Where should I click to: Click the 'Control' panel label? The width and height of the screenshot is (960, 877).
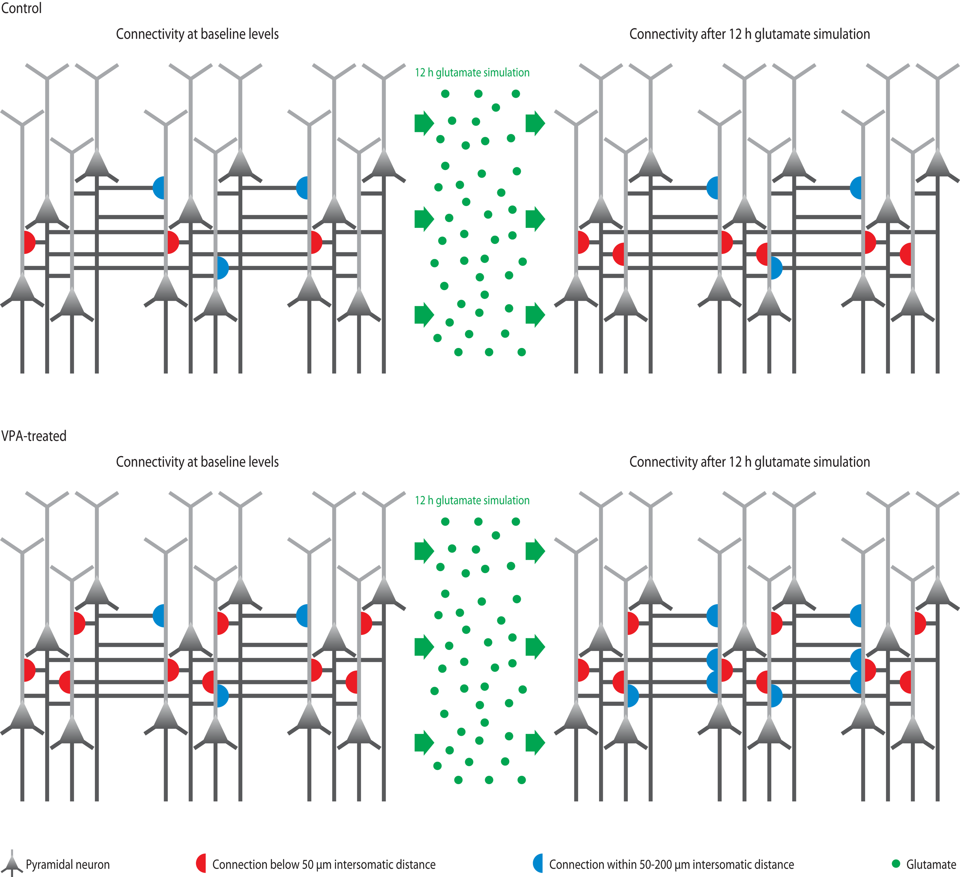21,8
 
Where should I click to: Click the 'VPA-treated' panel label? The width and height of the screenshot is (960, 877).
33,436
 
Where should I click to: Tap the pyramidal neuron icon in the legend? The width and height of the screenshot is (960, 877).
12,863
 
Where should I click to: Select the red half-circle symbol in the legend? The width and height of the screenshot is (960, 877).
202,863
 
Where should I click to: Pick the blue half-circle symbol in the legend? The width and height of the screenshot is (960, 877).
539,863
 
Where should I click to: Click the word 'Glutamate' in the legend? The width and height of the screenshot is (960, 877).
931,864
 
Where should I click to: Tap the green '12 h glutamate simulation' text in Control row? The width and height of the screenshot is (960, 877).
472,73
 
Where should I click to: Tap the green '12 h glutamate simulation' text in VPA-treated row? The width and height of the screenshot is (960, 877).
472,500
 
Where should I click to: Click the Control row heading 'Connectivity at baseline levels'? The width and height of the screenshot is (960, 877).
197,34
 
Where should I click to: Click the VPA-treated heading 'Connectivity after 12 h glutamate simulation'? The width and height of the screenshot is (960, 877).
750,462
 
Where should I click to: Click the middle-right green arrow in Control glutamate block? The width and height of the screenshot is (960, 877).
535,219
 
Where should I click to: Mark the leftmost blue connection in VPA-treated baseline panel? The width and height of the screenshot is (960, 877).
159,615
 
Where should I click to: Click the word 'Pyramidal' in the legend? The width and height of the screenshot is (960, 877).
47,864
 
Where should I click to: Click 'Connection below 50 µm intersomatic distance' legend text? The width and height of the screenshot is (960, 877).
324,864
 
